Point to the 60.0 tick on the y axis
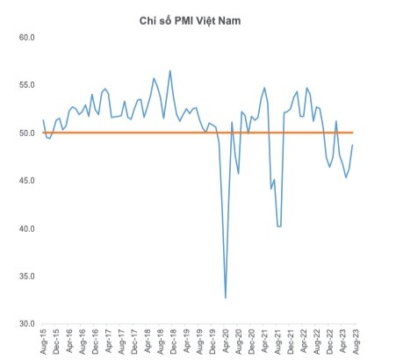coord(24,38)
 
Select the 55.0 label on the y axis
coord(24,85)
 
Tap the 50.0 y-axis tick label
coord(24,133)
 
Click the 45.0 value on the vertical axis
coord(24,181)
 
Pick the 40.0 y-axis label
coord(24,228)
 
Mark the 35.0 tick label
coord(24,277)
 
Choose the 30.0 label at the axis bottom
coord(24,324)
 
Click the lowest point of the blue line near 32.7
coord(225,298)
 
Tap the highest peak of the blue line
coord(169,71)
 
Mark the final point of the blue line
coord(353,145)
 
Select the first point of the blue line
coord(43,120)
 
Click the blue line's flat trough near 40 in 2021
coord(279,226)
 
